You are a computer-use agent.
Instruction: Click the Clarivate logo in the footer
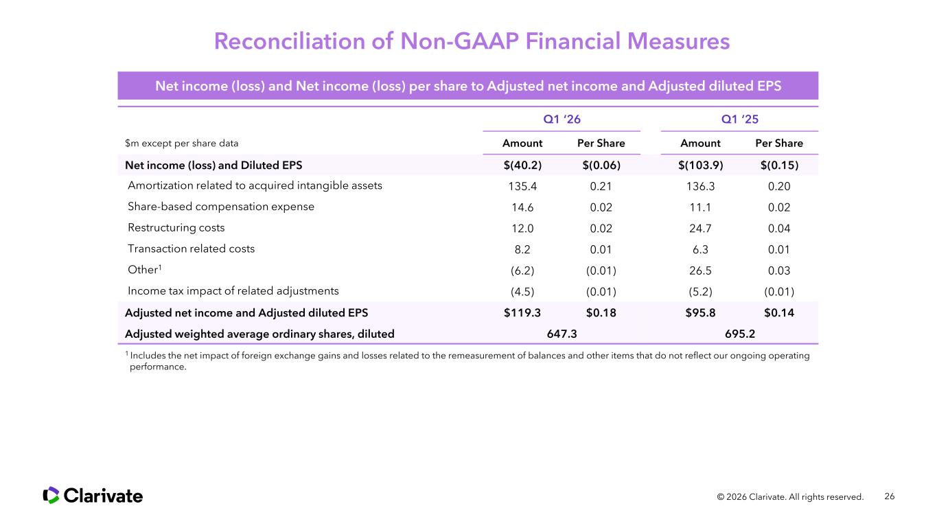(93, 495)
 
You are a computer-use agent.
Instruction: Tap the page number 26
(890, 496)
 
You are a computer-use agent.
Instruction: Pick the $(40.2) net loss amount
(522, 165)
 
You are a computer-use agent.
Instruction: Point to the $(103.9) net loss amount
(700, 165)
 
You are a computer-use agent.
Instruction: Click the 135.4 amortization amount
(522, 185)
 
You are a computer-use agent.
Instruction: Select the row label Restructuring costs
(176, 227)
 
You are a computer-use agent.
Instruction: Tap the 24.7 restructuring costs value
(700, 228)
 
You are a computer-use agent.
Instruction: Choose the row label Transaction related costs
(191, 249)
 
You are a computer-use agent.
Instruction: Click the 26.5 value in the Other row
(700, 270)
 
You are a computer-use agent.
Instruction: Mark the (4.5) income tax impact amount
(522, 290)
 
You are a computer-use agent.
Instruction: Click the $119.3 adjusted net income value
(522, 312)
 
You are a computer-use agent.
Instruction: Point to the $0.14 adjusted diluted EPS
(779, 312)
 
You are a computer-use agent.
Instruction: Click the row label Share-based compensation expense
(221, 207)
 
